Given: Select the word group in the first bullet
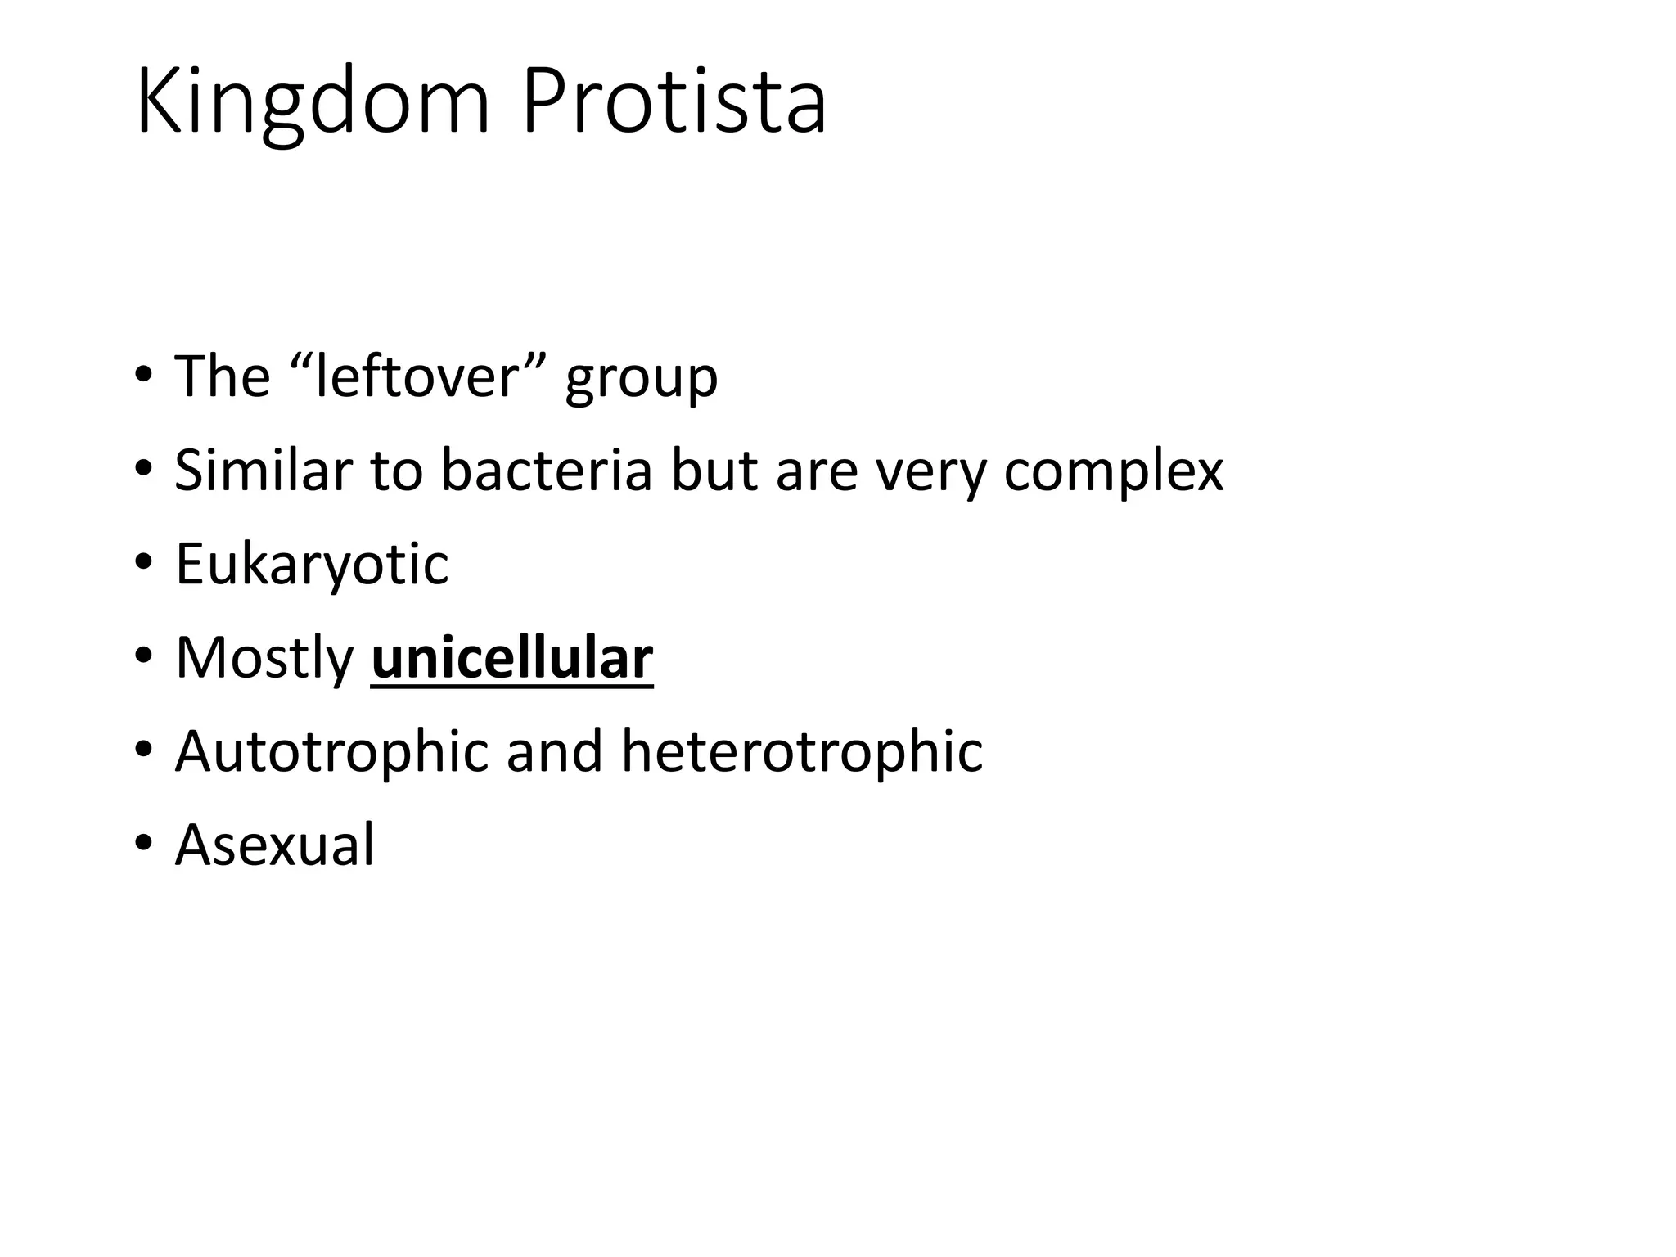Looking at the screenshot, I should click(x=641, y=381).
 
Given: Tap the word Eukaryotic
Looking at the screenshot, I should click(x=312, y=565).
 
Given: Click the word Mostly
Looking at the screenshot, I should click(x=264, y=659).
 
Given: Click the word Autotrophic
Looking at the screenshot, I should click(x=331, y=751).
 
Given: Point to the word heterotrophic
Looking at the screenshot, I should click(x=802, y=751).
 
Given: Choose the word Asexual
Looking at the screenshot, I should click(x=274, y=845).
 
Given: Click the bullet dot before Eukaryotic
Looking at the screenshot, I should click(x=144, y=564).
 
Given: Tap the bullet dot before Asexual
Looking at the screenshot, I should click(x=144, y=844).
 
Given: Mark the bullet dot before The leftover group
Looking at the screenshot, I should click(x=144, y=376).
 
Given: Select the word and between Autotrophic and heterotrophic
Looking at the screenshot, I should click(x=555, y=751).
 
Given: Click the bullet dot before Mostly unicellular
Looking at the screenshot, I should click(x=144, y=657).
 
